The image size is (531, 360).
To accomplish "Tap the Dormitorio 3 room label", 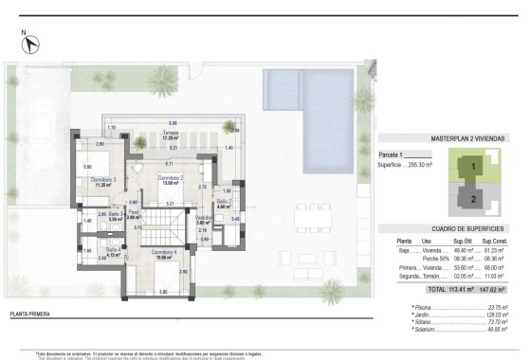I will click(x=102, y=181).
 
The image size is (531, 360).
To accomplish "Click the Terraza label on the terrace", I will click(x=170, y=135).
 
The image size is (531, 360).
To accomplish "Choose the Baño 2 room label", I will click(x=224, y=204).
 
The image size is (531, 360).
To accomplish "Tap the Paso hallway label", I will click(x=134, y=215).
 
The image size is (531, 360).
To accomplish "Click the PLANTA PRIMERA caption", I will click(x=29, y=312).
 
